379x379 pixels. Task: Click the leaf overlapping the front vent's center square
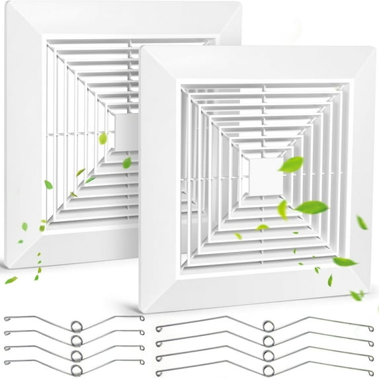(290, 165)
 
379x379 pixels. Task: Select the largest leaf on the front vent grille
(312, 207)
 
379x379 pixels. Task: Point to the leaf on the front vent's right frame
(362, 223)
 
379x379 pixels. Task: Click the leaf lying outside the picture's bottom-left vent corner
(11, 280)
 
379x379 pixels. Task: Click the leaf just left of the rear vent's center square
(103, 138)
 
